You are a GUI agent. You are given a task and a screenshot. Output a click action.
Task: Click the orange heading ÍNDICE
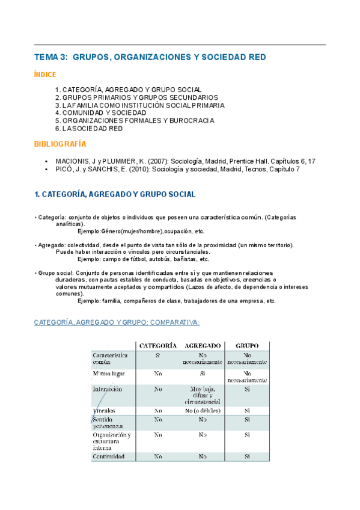tap(45, 75)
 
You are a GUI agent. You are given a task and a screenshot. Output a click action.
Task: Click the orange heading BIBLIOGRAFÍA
tap(59, 144)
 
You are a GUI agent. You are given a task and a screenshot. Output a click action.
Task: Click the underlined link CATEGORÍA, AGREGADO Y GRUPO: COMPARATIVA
tap(117, 322)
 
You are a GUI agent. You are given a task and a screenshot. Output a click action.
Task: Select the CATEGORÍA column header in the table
tap(157, 346)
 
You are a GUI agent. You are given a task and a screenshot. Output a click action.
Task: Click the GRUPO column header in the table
tap(247, 346)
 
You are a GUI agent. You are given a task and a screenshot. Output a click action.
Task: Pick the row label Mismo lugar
tap(109, 373)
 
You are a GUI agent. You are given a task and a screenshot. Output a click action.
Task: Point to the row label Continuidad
tap(109, 456)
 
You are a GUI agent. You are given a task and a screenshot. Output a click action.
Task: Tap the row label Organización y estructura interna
tap(112, 441)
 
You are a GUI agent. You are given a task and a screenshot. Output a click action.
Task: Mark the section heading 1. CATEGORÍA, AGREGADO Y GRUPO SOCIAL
tap(115, 194)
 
